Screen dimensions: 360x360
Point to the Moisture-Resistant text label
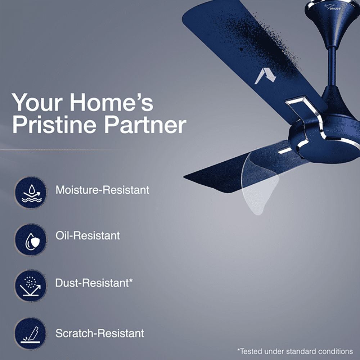pos(102,190)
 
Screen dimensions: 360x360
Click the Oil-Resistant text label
pos(87,236)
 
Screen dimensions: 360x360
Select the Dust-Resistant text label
pos(92,283)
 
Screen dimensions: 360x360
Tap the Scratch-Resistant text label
pos(100,333)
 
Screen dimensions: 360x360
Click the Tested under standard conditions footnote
pos(295,351)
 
